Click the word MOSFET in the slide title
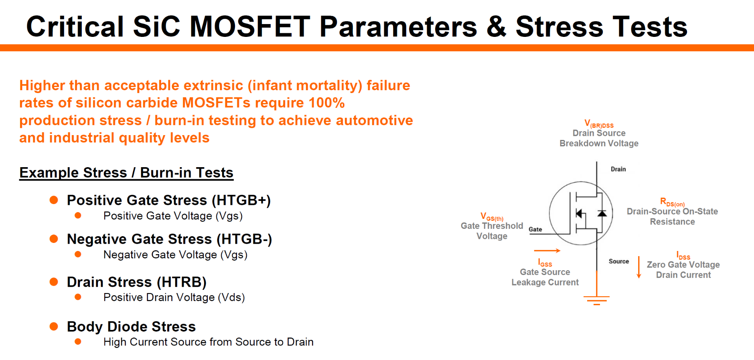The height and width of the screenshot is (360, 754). (x=249, y=27)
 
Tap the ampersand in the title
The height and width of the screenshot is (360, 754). (x=496, y=27)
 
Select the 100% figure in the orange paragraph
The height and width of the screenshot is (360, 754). (x=326, y=103)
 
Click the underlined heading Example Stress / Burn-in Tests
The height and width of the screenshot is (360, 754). (x=126, y=173)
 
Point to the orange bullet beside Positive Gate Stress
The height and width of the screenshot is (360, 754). (x=54, y=200)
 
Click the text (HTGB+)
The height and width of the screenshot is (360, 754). (x=241, y=200)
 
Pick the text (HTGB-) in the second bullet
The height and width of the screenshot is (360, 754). (x=244, y=239)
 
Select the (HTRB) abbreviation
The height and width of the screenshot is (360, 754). (x=181, y=282)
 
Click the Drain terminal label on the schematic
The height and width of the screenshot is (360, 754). (x=618, y=169)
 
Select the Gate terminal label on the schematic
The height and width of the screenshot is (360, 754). (x=535, y=229)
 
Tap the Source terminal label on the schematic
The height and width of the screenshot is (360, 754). (x=618, y=261)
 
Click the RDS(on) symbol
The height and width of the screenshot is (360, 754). (x=672, y=202)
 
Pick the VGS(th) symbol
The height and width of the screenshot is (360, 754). (x=492, y=217)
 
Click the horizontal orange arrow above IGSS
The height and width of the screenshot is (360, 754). (x=547, y=251)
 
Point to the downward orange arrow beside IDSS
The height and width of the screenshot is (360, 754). (x=639, y=267)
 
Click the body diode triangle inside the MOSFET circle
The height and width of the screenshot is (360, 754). (x=602, y=213)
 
